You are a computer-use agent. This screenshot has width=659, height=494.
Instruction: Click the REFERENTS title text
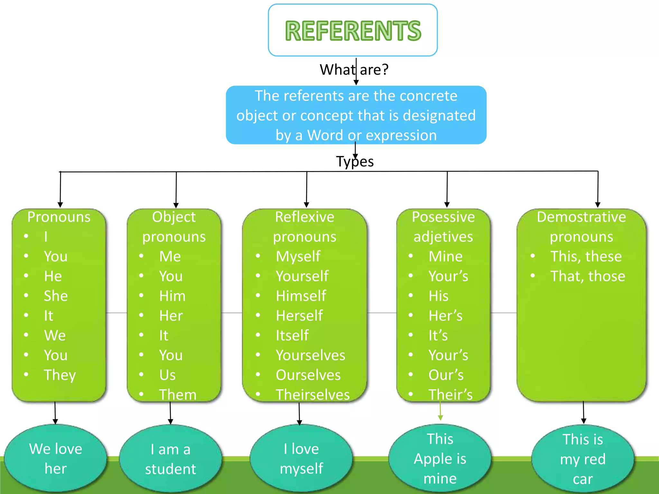pyautogui.click(x=353, y=31)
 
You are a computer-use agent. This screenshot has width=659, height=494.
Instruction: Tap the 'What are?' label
pyautogui.click(x=354, y=69)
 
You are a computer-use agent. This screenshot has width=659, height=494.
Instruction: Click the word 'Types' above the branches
pyautogui.click(x=355, y=161)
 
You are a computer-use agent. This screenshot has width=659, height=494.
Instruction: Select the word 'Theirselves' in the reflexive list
pyautogui.click(x=312, y=395)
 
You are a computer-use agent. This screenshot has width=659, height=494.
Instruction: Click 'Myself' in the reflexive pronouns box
pyautogui.click(x=298, y=256)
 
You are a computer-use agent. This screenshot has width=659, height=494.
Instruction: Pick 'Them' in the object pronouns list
pyautogui.click(x=178, y=395)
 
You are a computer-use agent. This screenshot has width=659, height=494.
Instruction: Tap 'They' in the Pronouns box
pyautogui.click(x=60, y=375)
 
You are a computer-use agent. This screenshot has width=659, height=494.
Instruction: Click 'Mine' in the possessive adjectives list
pyautogui.click(x=445, y=256)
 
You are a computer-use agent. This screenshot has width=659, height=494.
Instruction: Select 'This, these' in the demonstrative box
pyautogui.click(x=586, y=256)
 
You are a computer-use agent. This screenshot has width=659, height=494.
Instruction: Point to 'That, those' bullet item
pyautogui.click(x=587, y=276)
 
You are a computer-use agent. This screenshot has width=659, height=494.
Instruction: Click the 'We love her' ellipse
pyautogui.click(x=56, y=458)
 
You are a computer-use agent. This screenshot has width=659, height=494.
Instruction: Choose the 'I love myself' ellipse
pyautogui.click(x=301, y=458)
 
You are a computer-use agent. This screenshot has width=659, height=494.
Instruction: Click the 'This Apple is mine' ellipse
pyautogui.click(x=440, y=458)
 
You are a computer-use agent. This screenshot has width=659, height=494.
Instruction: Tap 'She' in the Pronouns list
pyautogui.click(x=56, y=296)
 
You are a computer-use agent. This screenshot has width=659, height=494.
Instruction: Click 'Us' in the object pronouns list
pyautogui.click(x=167, y=375)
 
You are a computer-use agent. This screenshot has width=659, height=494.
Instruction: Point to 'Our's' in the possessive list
pyautogui.click(x=446, y=375)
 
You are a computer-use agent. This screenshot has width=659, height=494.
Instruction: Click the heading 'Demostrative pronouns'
pyautogui.click(x=581, y=227)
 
